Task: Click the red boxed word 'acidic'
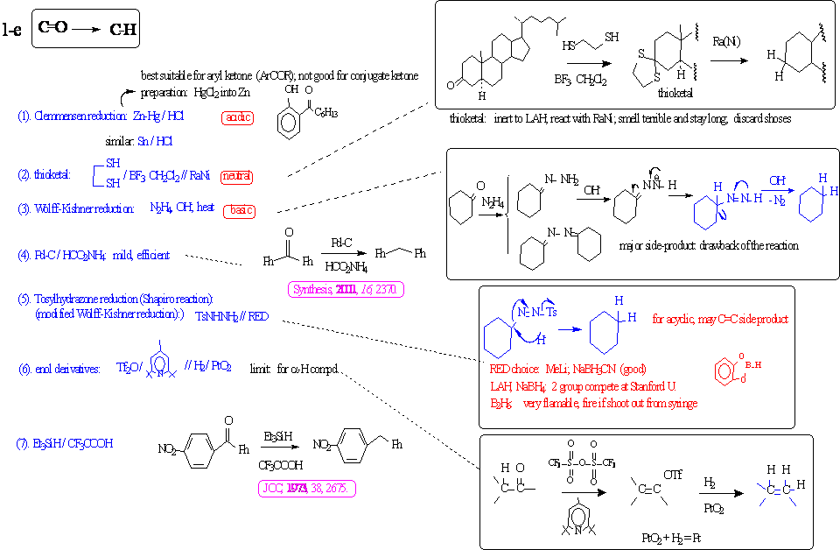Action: coord(237,116)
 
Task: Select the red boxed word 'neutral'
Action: coord(237,176)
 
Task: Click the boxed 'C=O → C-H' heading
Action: coord(85,31)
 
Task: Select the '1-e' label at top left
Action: coord(13,31)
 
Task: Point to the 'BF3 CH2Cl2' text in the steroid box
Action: coord(581,81)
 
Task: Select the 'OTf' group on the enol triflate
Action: coord(673,475)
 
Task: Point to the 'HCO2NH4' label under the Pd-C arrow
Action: coord(346,266)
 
